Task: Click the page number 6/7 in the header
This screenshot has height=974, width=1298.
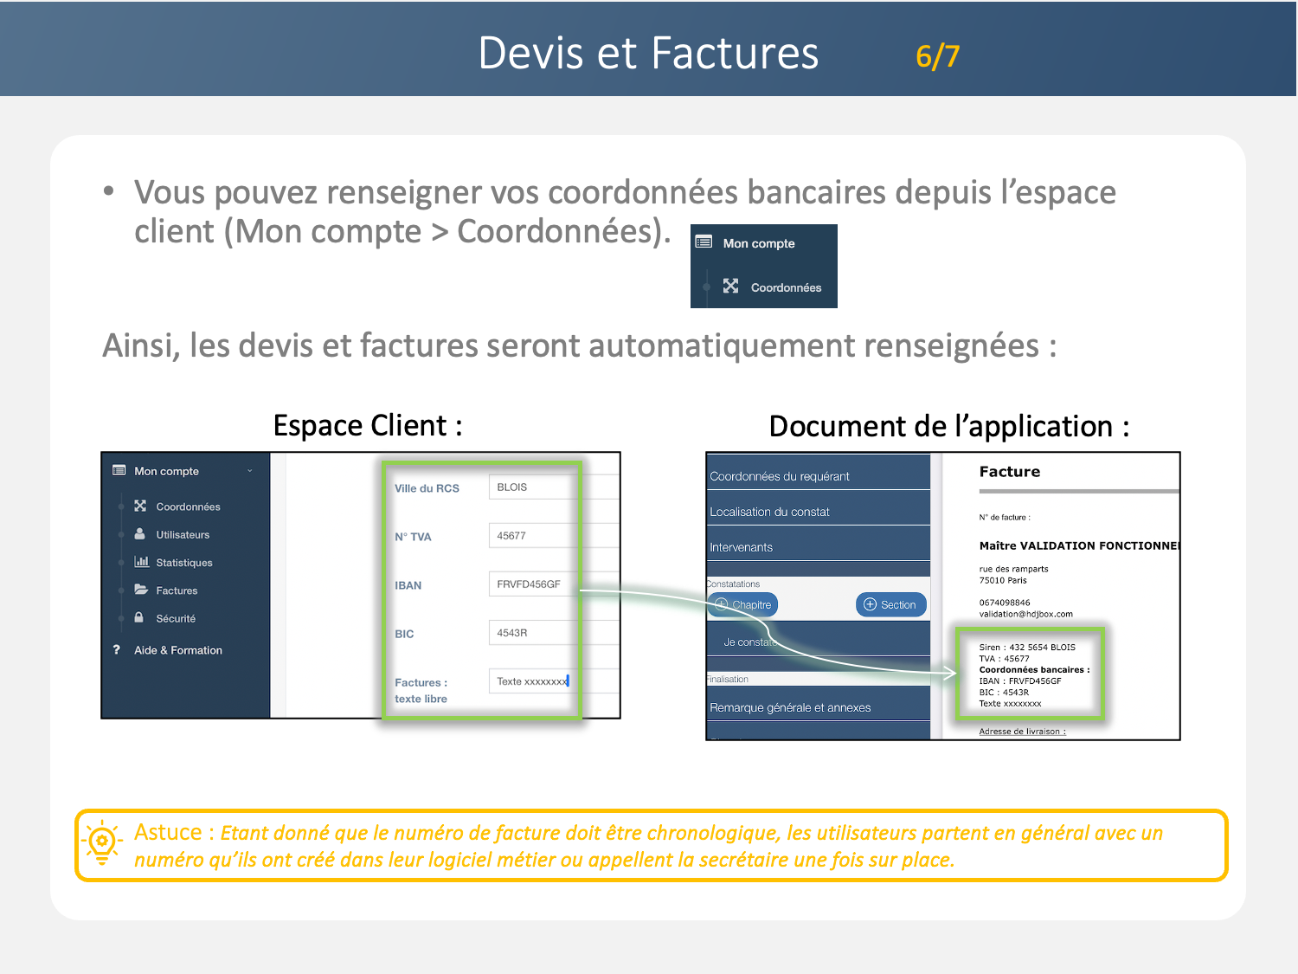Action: tap(937, 57)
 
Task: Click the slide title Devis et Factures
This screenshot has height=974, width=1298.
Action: tap(648, 54)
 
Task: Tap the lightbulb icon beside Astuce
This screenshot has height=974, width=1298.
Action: tap(102, 842)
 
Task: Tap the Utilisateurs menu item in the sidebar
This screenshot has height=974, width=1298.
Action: tap(182, 535)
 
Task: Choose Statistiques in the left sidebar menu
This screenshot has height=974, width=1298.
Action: tap(183, 563)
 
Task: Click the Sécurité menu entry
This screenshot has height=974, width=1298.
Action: tap(175, 619)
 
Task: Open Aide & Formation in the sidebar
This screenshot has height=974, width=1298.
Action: tap(177, 650)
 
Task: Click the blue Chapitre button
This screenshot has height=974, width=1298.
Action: tap(743, 604)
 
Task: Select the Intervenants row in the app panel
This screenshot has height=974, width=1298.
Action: tap(818, 547)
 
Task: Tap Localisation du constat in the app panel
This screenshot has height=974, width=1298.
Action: tap(818, 512)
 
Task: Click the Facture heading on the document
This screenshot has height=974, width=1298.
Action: tap(1009, 472)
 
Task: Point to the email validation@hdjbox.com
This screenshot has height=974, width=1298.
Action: tap(1025, 614)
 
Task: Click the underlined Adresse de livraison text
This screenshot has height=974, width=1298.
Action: tap(1022, 732)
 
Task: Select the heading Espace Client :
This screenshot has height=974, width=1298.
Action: tap(368, 426)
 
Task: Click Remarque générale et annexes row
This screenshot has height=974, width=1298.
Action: tap(818, 707)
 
